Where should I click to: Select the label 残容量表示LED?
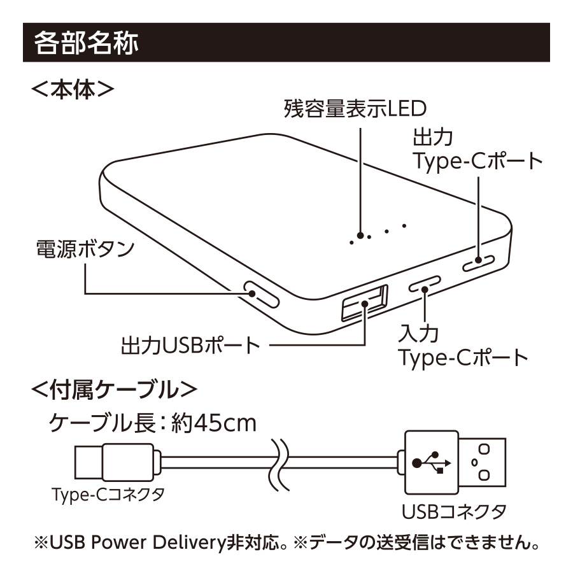354,110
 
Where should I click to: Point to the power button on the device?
260,295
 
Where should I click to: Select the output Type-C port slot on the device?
479,261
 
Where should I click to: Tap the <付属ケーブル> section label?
115,388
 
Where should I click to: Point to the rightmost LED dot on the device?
404,224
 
